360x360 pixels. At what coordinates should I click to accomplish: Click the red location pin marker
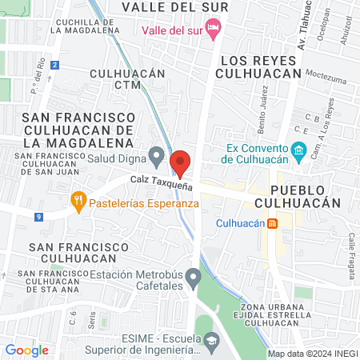(180, 163)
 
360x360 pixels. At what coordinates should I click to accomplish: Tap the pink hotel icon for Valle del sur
(213, 30)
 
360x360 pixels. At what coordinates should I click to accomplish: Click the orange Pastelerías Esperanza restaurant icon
(78, 202)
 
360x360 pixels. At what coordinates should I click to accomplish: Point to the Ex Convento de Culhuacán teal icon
(298, 150)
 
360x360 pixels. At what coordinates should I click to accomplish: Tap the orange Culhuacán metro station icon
(272, 222)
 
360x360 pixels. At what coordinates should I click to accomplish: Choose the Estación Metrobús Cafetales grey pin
(193, 278)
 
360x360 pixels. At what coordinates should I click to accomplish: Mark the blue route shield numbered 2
(54, 65)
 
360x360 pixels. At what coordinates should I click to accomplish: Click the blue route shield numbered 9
(38, 217)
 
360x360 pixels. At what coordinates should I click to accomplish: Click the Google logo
(26, 350)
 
